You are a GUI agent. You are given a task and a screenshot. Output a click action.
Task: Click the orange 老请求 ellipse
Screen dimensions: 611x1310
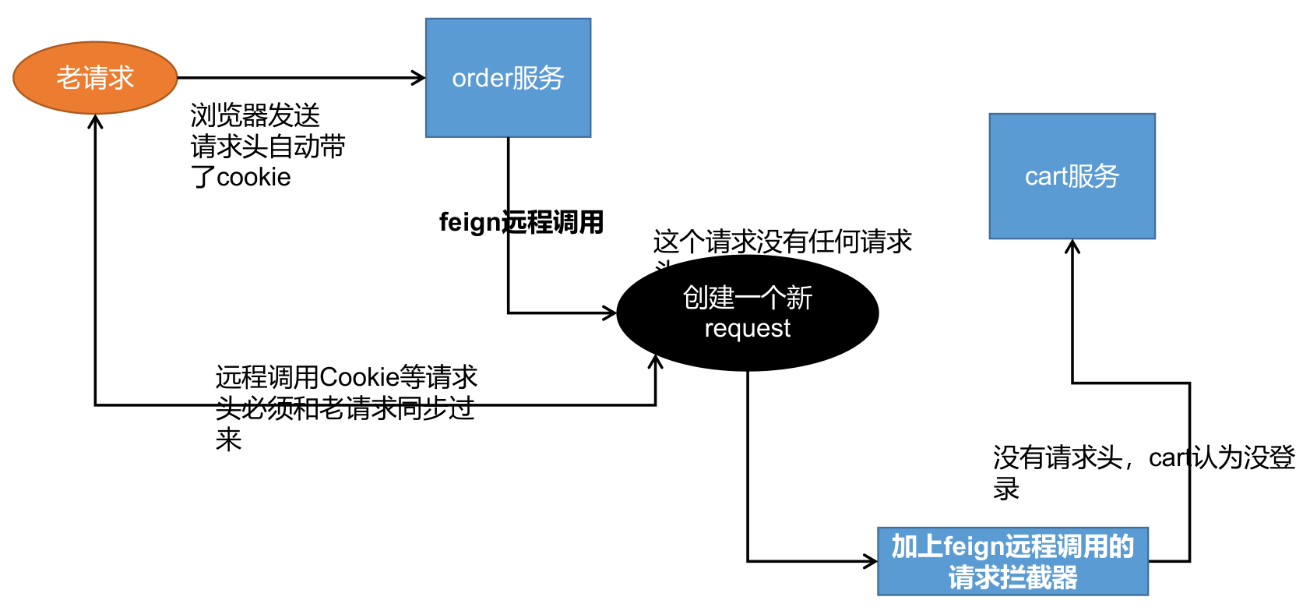95,78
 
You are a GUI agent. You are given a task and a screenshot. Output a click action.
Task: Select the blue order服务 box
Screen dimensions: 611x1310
508,78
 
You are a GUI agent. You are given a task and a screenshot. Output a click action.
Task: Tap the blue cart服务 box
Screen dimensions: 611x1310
1072,176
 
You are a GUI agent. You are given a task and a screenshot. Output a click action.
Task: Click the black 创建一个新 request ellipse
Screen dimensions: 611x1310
748,313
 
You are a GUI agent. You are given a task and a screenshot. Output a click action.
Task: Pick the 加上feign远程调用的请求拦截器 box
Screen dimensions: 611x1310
1012,562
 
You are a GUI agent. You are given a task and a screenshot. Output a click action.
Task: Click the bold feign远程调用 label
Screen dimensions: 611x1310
521,222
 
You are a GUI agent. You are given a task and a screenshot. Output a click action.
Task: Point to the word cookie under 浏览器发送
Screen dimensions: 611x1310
253,178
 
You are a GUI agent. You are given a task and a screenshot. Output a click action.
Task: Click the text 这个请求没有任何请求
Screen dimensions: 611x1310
782,242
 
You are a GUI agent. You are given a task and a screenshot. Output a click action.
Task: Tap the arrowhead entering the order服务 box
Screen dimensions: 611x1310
420,78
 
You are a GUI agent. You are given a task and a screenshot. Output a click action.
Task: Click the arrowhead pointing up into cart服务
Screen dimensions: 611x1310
1072,245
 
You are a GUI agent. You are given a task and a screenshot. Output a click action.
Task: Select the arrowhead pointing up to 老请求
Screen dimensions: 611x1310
95,121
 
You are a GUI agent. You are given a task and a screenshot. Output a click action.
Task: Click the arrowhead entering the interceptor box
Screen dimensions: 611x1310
872,561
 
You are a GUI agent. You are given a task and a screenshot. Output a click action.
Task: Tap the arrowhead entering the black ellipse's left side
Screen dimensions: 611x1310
610,313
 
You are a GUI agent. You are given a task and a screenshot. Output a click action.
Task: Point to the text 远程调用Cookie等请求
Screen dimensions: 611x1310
346,377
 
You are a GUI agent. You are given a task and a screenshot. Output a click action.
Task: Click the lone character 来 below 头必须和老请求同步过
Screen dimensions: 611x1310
228,440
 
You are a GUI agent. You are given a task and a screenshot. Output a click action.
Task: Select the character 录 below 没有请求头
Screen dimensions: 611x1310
1006,489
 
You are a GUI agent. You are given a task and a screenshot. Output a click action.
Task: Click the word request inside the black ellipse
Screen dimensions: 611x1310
747,329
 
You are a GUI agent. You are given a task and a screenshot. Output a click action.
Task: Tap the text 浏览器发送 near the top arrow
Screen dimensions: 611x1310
255,115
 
